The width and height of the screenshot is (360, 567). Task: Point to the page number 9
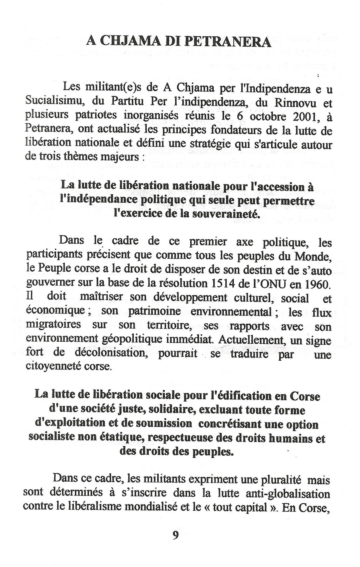176,535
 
